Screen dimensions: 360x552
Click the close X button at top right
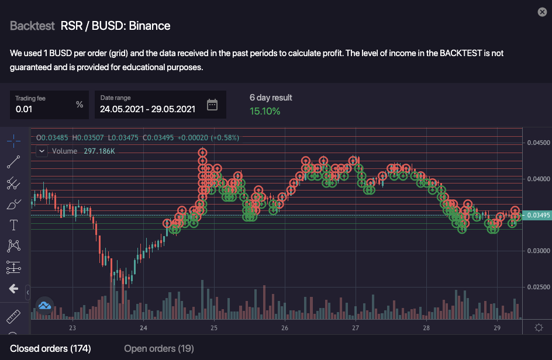[x=542, y=12]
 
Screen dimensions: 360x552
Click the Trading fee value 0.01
[x=23, y=109]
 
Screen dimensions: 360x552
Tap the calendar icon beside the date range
[x=212, y=105]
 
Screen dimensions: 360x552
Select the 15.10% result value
[x=265, y=111]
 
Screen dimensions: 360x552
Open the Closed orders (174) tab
[x=50, y=349]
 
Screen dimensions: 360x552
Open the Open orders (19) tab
[x=158, y=349]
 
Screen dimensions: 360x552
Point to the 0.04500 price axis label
[x=539, y=143]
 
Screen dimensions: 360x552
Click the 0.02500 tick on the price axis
[x=539, y=287]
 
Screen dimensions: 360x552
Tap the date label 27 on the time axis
[x=356, y=328]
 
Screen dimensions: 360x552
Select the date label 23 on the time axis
[x=73, y=328]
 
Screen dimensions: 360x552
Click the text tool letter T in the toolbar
[x=13, y=225]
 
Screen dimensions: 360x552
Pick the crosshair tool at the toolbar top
[x=13, y=141]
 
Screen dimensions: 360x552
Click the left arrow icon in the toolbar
[x=13, y=289]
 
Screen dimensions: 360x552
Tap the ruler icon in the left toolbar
[x=13, y=317]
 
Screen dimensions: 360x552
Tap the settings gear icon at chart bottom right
[x=539, y=327]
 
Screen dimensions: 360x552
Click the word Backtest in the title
[x=32, y=26]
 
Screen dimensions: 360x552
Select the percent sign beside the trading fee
[x=80, y=105]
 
